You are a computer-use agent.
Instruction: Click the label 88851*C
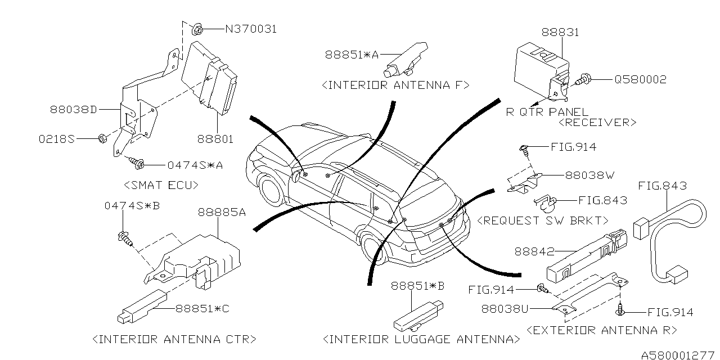(x=202, y=308)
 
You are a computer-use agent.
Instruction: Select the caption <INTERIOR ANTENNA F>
(x=395, y=85)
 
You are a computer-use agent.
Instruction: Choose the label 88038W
(x=587, y=175)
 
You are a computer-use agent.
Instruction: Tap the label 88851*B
(x=417, y=286)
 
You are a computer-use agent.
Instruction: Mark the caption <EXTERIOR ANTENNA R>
(x=601, y=330)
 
